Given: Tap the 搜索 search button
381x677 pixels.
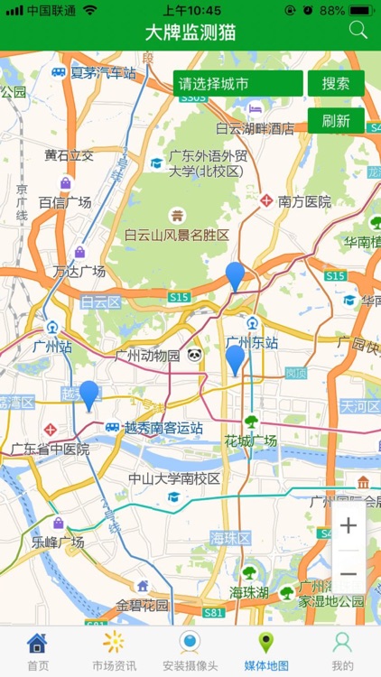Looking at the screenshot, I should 336,84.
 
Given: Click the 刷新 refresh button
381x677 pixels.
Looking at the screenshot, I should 336,121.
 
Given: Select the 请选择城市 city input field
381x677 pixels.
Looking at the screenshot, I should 237,84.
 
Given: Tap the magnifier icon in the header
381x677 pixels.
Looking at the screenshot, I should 358,30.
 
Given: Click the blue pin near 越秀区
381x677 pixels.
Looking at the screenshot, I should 88,394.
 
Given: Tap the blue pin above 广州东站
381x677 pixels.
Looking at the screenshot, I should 235,274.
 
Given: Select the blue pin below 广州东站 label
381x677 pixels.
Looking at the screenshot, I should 235,358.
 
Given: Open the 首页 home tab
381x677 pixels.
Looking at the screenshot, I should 38,652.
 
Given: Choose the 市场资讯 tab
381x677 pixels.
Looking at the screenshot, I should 114,652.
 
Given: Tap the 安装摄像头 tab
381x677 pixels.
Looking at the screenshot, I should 190,652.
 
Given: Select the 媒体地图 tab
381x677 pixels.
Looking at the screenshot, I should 266,652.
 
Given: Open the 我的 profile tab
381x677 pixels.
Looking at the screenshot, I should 342,652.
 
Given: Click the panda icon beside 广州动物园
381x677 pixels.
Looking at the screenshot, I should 195,356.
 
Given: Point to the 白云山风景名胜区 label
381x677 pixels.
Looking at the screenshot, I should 177,235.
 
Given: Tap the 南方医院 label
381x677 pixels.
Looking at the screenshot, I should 304,201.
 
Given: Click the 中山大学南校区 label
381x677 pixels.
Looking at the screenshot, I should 174,478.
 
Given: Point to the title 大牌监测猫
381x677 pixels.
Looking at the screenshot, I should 190,32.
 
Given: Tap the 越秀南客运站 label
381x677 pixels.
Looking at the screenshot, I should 163,428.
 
